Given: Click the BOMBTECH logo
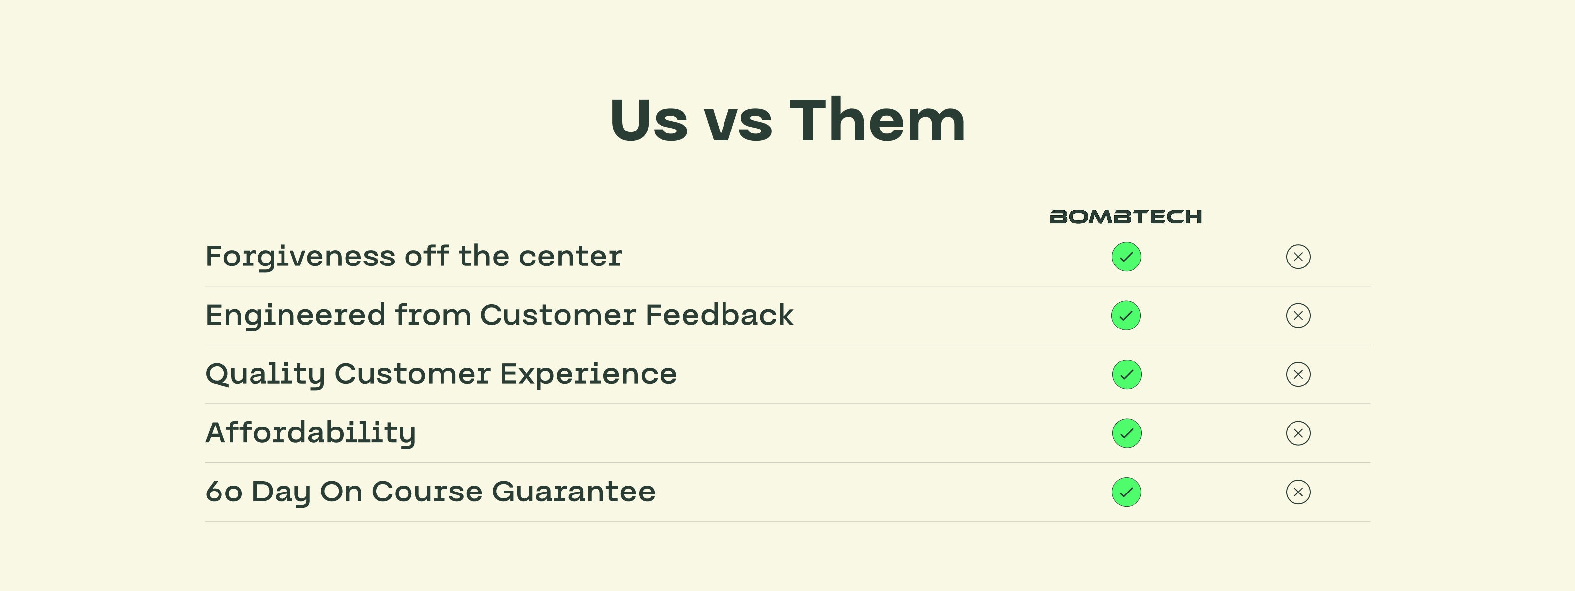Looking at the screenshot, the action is coord(1126,217).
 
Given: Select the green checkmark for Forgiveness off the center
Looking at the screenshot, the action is coord(1126,256).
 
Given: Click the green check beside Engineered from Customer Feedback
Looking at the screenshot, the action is coord(1126,316).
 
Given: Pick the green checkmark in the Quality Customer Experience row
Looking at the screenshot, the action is coord(1126,374).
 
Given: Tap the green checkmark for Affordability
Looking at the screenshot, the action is coord(1126,433).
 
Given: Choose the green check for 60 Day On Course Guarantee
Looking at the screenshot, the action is coord(1126,492).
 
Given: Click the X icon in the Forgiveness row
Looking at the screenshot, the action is coord(1298,256).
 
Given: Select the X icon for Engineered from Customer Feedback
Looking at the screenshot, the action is coord(1298,316).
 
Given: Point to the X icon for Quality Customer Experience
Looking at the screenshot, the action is coord(1298,374).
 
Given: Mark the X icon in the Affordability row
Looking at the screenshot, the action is coord(1298,433).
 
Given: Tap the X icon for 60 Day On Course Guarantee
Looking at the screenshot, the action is coord(1298,492).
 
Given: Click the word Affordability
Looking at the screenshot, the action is coord(311,434).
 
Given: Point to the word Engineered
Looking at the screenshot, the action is coord(295,316).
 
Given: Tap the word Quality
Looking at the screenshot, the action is coord(265,374).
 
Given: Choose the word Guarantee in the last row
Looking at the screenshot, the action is coord(573,492).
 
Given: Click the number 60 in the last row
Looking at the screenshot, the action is coord(224,492).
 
